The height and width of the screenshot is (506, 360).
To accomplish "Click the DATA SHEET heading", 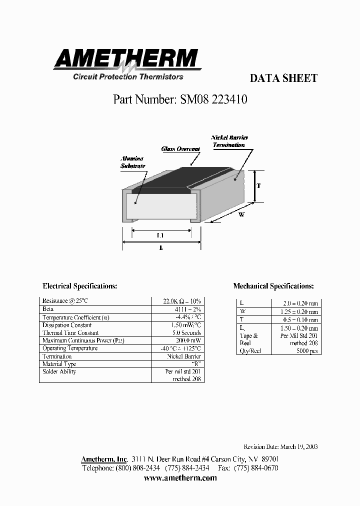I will click(x=283, y=78).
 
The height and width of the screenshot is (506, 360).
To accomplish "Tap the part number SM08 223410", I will click(x=180, y=99).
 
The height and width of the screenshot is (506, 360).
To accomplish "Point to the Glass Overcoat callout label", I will click(x=180, y=149).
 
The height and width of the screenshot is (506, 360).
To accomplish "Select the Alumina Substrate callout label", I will click(x=132, y=162).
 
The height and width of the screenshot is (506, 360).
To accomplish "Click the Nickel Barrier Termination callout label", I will click(x=229, y=141).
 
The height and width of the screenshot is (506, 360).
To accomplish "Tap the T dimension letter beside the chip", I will click(x=258, y=185).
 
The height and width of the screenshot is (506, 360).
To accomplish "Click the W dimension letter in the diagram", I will click(x=241, y=214).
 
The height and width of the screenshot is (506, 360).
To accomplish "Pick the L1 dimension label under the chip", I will click(x=161, y=235).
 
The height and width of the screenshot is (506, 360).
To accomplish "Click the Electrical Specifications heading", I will click(x=80, y=286).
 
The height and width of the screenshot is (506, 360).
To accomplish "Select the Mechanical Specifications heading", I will click(x=273, y=286).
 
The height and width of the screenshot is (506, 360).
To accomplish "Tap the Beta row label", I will click(x=48, y=309).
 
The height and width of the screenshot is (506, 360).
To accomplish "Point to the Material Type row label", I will click(x=59, y=364).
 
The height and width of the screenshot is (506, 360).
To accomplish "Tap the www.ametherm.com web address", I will click(x=180, y=478).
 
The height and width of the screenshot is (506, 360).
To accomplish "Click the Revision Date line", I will click(x=280, y=447).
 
